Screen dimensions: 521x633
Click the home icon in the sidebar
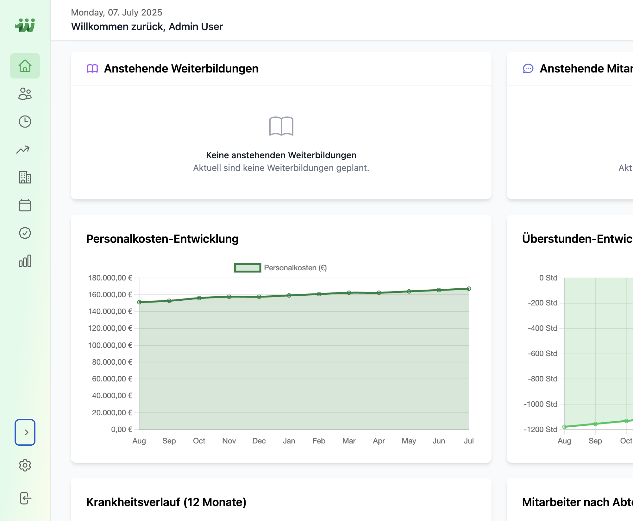tap(25, 66)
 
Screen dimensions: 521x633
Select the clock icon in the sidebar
tap(25, 122)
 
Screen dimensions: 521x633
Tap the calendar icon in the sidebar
tap(25, 205)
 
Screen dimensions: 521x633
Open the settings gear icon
tap(25, 465)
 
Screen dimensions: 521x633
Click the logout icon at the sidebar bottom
tap(25, 498)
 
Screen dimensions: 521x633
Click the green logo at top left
tap(25, 25)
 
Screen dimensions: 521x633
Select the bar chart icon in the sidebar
tap(25, 261)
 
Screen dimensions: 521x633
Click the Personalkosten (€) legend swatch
tap(248, 268)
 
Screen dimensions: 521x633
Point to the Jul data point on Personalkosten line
tap(469, 289)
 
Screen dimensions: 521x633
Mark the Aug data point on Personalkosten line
tap(139, 302)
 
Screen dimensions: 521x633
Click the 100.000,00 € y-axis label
tap(110, 345)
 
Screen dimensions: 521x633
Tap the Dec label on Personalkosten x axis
tap(259, 441)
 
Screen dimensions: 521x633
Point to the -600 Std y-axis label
tap(542, 354)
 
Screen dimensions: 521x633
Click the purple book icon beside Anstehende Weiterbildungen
tap(92, 68)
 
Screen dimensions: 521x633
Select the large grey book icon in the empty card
tap(281, 126)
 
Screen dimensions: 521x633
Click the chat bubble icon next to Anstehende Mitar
tap(528, 68)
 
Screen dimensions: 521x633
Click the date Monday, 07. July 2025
tap(116, 12)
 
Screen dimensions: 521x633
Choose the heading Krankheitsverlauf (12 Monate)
tap(166, 502)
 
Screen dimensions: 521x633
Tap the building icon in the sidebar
tap(25, 177)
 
